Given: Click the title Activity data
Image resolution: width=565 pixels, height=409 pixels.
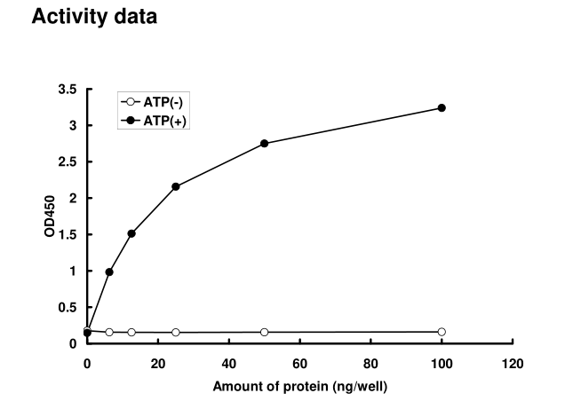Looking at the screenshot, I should coord(95,17).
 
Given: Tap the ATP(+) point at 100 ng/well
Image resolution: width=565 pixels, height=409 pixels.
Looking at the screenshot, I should coord(442,108).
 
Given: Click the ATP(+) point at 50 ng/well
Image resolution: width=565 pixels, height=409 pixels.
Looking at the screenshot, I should coord(265,144).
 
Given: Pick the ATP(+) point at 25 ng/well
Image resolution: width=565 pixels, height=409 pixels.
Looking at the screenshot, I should coord(176,186).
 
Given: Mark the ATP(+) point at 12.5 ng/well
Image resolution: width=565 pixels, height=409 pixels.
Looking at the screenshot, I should coord(131,233).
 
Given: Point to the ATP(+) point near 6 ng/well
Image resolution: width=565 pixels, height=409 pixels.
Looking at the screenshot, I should coord(109,271).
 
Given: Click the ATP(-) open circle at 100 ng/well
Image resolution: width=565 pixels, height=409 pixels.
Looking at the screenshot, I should coord(442,332).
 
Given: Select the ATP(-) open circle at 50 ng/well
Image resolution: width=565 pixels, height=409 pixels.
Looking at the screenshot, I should coord(265,332).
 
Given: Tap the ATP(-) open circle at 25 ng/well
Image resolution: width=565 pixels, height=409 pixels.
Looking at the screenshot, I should coord(176,333).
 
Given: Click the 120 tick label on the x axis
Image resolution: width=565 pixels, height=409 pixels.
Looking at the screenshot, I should coord(513,363).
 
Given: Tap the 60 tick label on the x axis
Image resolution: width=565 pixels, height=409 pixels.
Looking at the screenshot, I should coord(300,363).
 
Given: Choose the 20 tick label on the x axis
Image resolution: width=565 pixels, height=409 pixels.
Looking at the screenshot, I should coord(158,363).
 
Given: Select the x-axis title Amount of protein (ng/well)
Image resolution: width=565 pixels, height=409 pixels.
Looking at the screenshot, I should coord(300,387).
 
